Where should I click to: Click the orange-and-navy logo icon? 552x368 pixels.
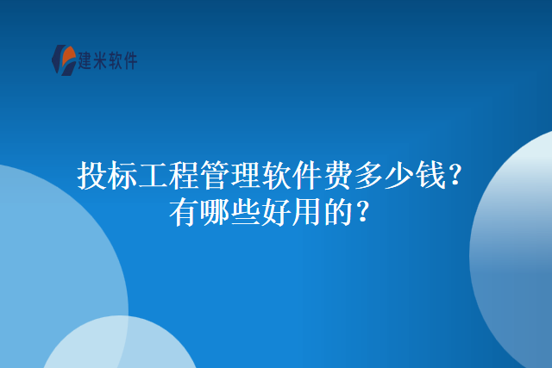coord(64,59)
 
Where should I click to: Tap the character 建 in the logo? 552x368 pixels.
coord(85,60)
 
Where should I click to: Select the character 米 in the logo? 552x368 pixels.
coord(100,60)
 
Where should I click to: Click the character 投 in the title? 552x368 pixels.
coord(92,175)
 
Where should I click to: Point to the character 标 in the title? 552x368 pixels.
coord(122,175)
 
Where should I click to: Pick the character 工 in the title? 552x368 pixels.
coord(154,175)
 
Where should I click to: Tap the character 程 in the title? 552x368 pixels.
coord(184,175)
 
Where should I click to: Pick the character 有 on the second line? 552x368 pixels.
coord(184,212)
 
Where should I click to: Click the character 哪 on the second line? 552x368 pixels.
coord(215,212)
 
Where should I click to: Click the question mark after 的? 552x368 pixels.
coord(363,212)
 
